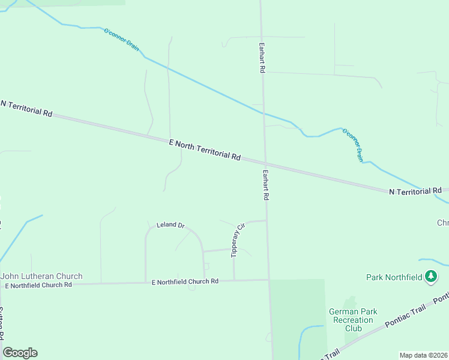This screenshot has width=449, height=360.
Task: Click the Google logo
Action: pos(20,353)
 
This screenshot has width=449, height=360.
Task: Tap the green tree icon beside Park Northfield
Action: pos(430,277)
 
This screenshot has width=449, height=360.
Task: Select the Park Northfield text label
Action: pos(394,277)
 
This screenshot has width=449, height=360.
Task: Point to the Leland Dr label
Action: pos(170,225)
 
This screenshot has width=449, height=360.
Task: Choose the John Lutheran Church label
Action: pos(41,276)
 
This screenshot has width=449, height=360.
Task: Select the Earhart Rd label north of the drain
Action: pos(262,58)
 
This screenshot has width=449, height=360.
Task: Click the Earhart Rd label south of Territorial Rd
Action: pos(265,184)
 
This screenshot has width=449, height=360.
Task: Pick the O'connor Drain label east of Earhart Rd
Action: pos(352,145)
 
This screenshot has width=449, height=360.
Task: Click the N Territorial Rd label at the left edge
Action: pos(26,109)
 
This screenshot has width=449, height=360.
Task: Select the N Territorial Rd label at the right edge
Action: pos(415,191)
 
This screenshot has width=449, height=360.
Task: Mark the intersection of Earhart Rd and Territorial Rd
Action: pos(264,163)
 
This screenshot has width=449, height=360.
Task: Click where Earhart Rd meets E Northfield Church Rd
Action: pos(268,280)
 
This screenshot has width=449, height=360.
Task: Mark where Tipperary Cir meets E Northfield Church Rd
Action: pos(234,280)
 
